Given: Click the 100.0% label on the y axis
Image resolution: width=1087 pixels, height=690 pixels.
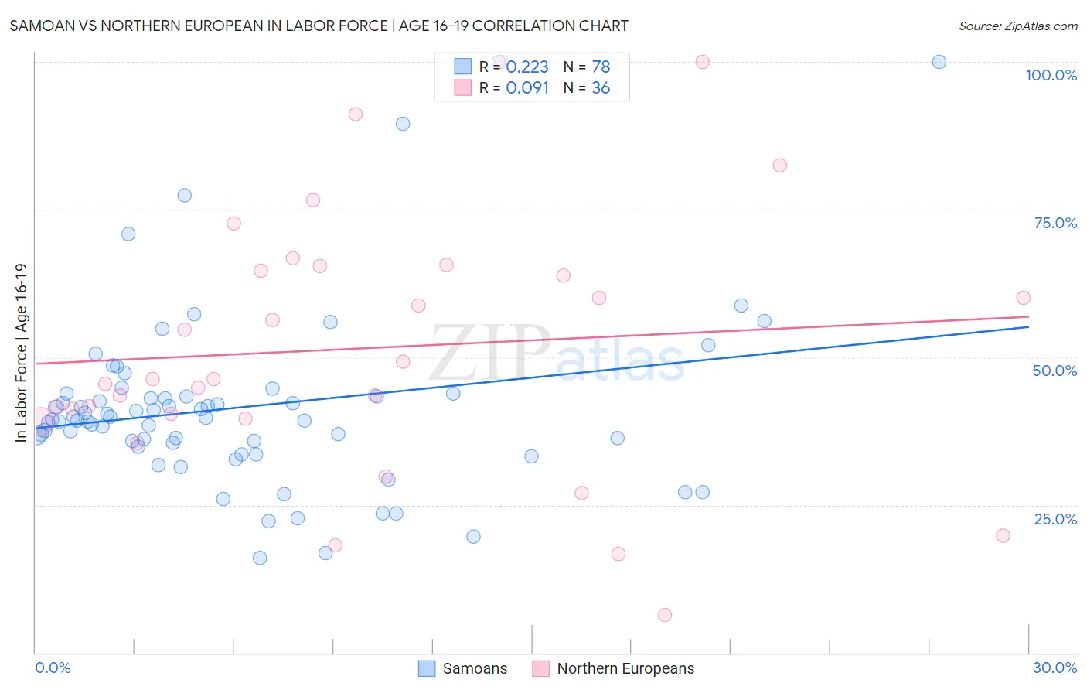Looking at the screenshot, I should tap(1051, 75).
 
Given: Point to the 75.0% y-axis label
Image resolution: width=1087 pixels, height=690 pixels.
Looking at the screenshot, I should tap(1055, 223).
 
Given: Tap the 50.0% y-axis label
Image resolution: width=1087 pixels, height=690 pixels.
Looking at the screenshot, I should tap(1055, 371).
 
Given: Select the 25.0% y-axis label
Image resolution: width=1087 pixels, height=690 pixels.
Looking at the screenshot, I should tap(1055, 519).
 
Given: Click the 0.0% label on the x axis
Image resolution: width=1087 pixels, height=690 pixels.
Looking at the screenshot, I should tap(53, 668).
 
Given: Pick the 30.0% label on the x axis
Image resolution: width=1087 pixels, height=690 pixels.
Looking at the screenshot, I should tap(1055, 668).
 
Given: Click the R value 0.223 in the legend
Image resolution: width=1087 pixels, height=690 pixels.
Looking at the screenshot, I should tap(527, 67).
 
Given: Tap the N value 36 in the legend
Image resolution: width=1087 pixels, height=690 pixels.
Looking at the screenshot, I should tap(601, 88).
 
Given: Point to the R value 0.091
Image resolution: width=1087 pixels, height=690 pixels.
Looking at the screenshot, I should tap(527, 88).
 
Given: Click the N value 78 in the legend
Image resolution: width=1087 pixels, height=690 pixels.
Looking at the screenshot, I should tap(601, 67).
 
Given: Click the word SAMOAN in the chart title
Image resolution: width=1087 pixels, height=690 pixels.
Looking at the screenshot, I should tap(42, 26).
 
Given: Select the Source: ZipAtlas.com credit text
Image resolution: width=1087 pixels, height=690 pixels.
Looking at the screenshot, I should tap(1017, 26).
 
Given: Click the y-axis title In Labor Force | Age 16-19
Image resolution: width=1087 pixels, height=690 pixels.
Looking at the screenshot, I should tap(22, 353).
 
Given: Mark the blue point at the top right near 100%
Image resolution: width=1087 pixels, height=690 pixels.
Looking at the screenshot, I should tap(939, 62).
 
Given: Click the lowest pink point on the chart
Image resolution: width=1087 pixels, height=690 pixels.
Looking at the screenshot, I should tap(665, 615).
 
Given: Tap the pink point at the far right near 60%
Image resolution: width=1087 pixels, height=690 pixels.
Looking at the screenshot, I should tap(1023, 298).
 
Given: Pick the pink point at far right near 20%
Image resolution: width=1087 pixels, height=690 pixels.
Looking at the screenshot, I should tap(1003, 535).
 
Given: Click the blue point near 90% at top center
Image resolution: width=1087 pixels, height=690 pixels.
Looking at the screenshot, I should tap(403, 124).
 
